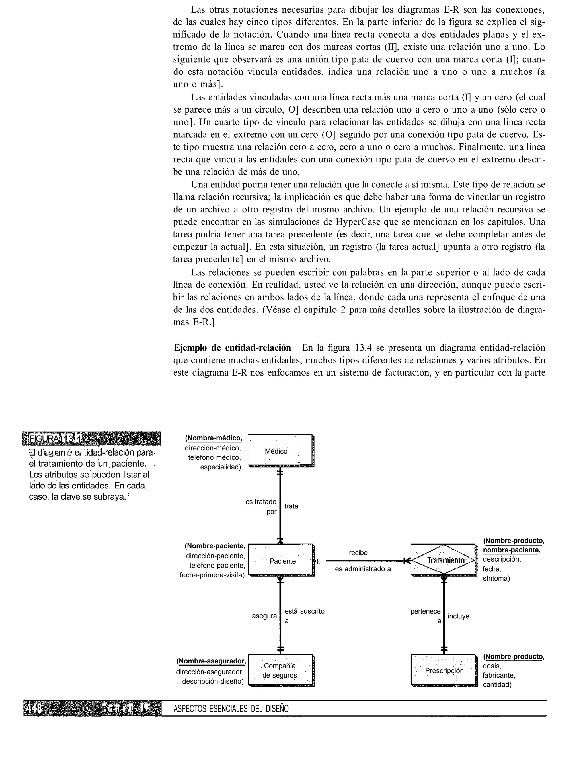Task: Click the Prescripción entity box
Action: (444, 671)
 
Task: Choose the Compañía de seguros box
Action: (280, 670)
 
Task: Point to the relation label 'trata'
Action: (291, 506)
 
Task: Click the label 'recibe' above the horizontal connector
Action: (358, 553)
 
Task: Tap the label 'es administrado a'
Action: (363, 569)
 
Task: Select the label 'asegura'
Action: (264, 616)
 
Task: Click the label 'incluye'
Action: (458, 616)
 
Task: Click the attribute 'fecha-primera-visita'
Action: (212, 575)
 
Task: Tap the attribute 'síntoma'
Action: (496, 579)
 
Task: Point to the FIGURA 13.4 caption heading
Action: (56, 439)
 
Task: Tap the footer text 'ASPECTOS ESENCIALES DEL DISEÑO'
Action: (231, 709)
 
